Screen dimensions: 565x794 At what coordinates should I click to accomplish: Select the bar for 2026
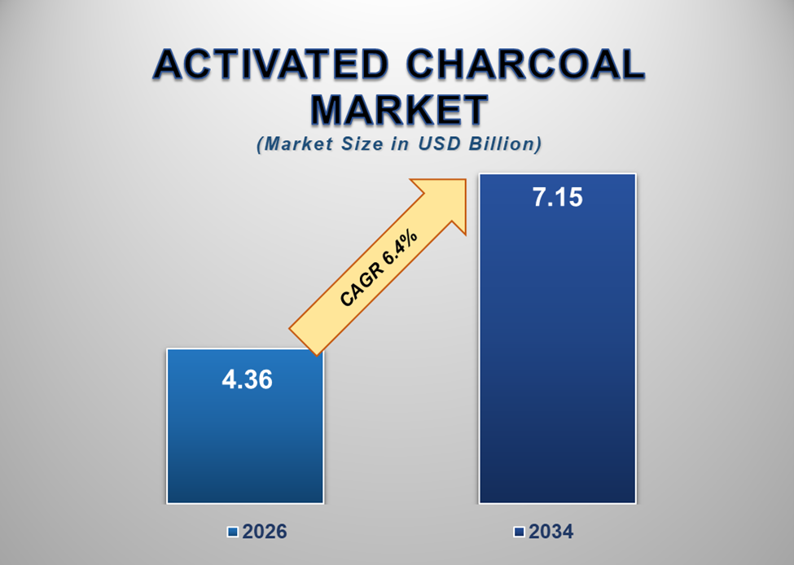(245, 440)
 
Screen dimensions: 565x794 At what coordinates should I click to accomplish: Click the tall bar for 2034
(557, 366)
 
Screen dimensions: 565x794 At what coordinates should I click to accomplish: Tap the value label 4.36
(247, 379)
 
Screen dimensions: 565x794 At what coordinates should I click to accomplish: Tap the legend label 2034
(551, 532)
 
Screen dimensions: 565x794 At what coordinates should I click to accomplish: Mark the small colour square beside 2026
(233, 532)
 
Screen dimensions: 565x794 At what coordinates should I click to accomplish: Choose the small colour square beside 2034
(519, 532)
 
